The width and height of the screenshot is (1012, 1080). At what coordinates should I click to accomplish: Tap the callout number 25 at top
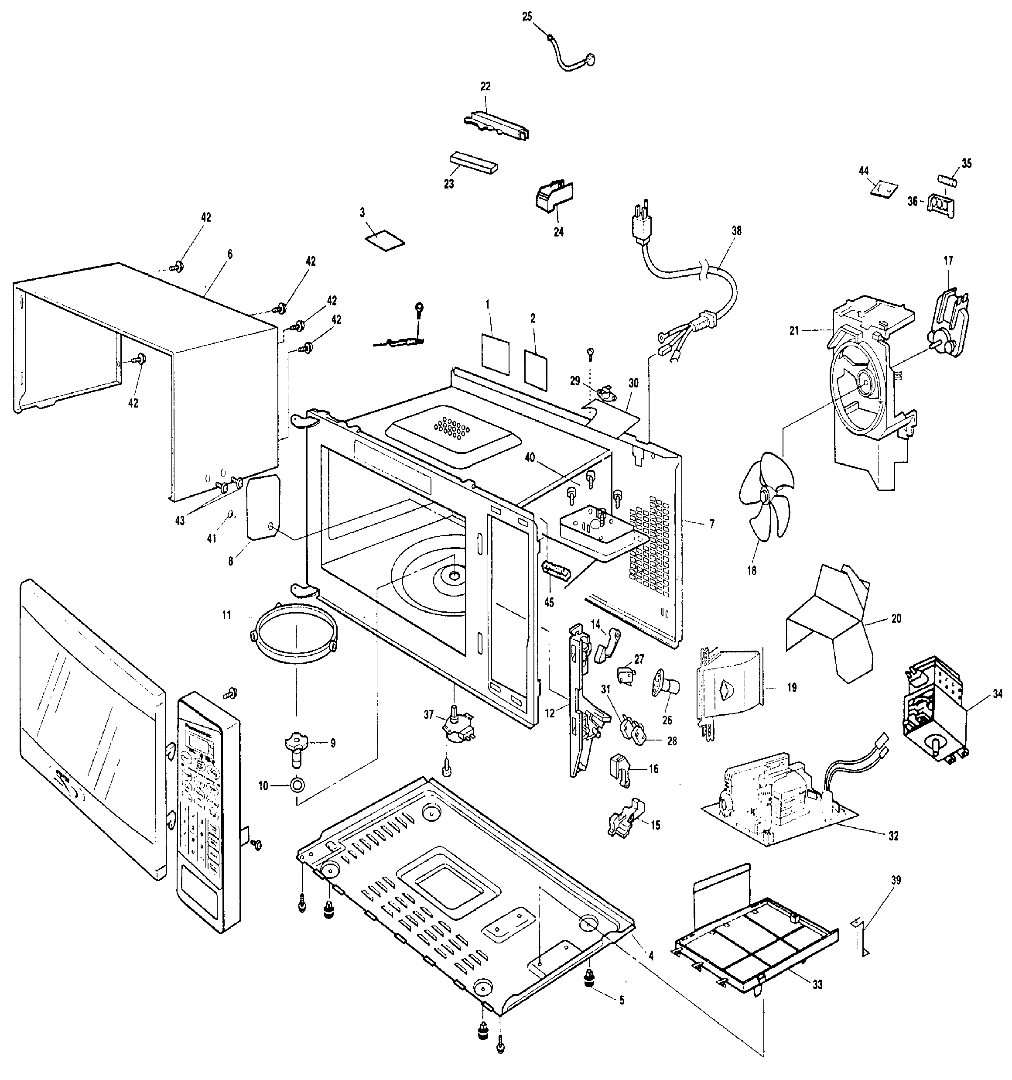(x=527, y=17)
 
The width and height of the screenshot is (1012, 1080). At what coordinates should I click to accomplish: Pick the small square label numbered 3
(x=385, y=240)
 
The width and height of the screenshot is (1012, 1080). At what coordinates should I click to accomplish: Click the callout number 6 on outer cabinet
(x=230, y=254)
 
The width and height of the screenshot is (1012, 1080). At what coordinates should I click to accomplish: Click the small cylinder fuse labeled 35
(x=948, y=179)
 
